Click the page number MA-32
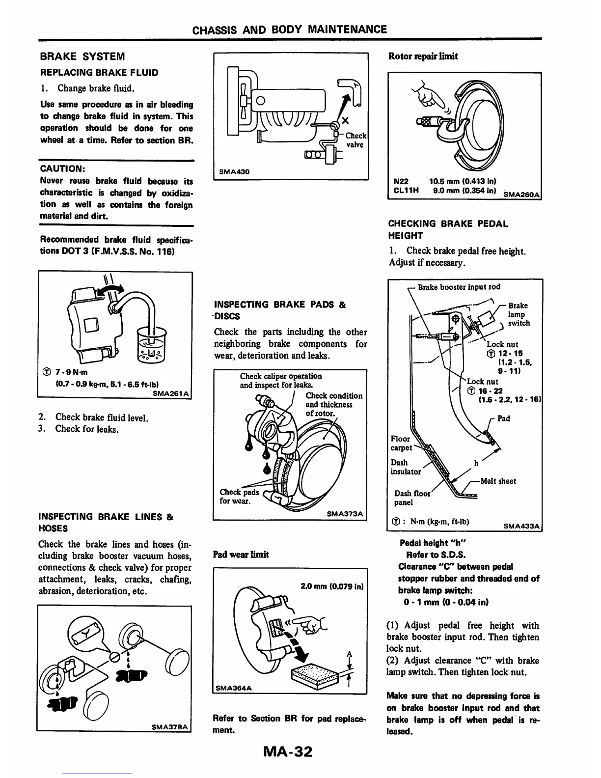[x=288, y=751]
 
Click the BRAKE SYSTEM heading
[x=82, y=56]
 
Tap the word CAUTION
[x=63, y=168]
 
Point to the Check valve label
[x=355, y=140]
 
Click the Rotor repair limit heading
[x=423, y=56]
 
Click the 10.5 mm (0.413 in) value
[x=464, y=180]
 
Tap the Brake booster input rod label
[x=459, y=287]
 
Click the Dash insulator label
[x=406, y=467]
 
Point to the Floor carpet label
[x=401, y=443]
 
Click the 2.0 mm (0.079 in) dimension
[x=331, y=586]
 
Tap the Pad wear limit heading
[x=241, y=555]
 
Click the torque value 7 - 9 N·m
[x=67, y=372]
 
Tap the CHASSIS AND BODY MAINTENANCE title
[x=289, y=29]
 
